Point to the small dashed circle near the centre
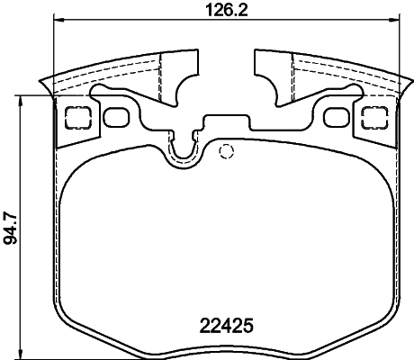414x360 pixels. [x=227, y=150]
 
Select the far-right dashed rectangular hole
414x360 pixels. [x=373, y=116]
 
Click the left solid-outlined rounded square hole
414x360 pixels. [x=115, y=116]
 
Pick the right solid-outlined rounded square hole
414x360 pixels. [x=335, y=116]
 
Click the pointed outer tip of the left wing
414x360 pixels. [x=42, y=85]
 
